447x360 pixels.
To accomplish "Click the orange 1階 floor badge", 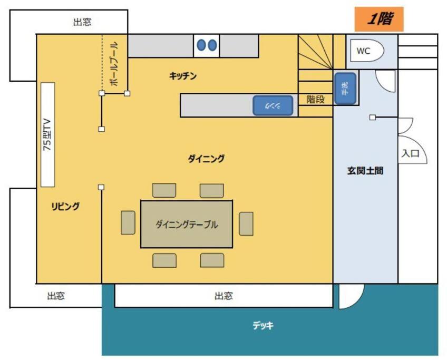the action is (379, 19).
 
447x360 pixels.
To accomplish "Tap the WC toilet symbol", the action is (367, 51).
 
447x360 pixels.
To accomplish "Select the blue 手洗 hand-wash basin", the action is (345, 89).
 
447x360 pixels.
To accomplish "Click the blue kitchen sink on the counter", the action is (273, 105).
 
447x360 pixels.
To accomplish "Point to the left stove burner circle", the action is (201, 45).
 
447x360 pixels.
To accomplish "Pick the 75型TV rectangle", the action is (47, 135).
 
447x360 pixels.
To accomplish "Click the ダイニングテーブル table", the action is (187, 225).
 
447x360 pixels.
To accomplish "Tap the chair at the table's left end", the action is (128, 222).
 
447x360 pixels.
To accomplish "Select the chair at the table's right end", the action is (246, 224).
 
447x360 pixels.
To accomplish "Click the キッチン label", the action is (183, 76).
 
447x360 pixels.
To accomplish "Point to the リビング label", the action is (65, 206).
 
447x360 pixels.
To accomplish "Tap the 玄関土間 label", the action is (365, 170).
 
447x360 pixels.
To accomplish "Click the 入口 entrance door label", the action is (411, 153).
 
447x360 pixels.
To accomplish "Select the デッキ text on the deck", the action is (263, 325).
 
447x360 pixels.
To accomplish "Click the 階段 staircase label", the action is (315, 99).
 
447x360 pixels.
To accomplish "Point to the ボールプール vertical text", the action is (113, 64).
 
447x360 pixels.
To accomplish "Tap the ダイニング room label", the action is (206, 159).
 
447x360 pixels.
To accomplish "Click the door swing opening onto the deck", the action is (351, 296).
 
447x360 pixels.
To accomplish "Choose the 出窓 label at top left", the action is (82, 22).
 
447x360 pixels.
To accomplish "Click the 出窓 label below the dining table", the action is (224, 296).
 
